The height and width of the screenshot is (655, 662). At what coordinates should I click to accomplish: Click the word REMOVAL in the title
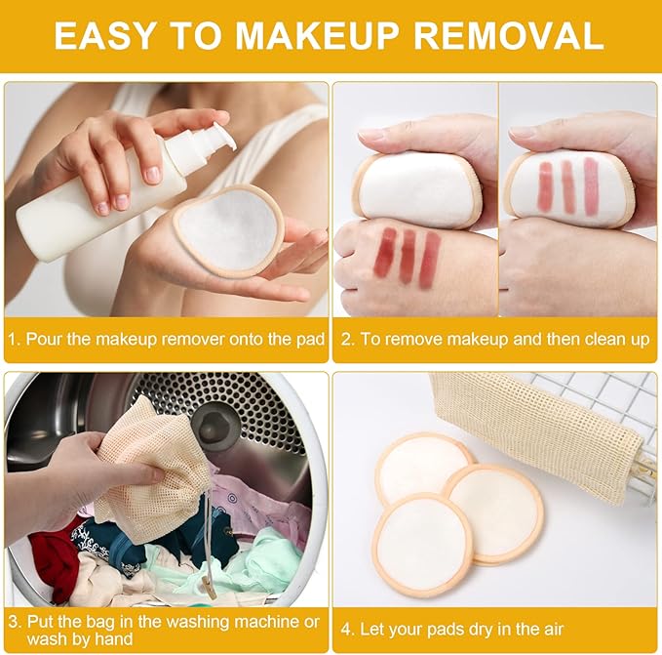(x=508, y=36)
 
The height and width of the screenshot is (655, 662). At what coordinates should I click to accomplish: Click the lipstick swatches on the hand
(x=408, y=257)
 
